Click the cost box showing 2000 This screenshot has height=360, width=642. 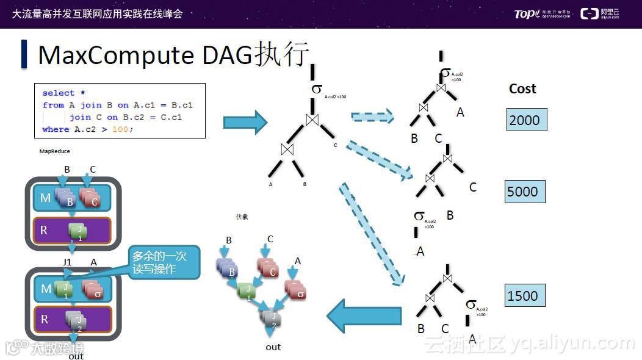point(526,120)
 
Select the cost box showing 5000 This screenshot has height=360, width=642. point(524,192)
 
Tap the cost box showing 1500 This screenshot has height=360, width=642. point(524,296)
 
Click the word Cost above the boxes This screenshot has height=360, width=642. point(522,89)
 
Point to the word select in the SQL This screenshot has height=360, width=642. point(58,93)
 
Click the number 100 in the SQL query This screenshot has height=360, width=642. point(120,129)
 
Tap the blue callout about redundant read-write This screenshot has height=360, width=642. point(162,263)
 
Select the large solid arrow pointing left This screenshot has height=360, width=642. point(364,315)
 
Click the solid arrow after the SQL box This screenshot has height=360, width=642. point(245,121)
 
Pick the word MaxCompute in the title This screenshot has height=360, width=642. point(115,55)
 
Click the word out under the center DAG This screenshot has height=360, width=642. point(273,347)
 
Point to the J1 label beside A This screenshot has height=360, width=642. point(68,262)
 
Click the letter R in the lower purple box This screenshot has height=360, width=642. point(45,320)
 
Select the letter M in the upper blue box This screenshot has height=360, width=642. point(45,198)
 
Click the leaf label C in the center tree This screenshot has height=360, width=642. point(335,145)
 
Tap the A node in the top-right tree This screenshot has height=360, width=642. point(460,112)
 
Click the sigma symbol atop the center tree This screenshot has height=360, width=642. point(316,89)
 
